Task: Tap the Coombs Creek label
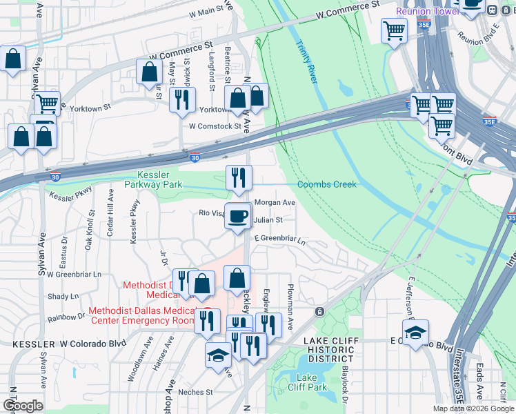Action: (x=326, y=184)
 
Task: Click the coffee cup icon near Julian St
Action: (x=239, y=216)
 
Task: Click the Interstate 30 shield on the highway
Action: (x=195, y=158)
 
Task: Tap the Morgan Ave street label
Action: (x=275, y=203)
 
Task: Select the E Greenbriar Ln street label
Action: (x=279, y=238)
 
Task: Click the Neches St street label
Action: (x=195, y=392)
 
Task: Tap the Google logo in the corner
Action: (x=23, y=406)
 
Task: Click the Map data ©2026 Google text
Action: (x=473, y=408)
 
